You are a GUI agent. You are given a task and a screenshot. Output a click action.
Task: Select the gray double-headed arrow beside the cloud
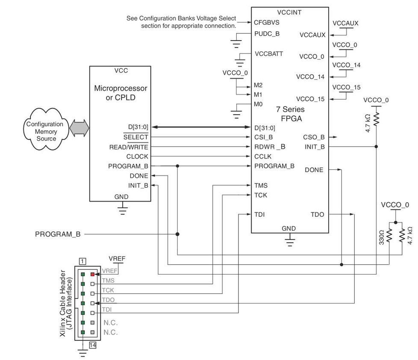click(79, 127)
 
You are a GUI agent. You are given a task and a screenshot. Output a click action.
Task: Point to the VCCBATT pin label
click(268, 54)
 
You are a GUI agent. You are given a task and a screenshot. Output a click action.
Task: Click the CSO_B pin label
click(314, 137)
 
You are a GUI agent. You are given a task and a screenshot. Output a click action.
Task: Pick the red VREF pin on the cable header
click(92, 274)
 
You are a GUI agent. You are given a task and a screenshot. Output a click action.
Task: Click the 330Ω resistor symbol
click(389, 236)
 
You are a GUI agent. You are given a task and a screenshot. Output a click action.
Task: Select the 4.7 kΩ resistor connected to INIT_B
click(376, 118)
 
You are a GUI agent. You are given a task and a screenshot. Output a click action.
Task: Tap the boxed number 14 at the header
click(93, 345)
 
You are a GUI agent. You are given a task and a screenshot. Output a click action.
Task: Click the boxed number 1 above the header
click(82, 261)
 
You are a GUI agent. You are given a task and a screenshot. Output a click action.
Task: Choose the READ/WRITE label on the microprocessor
click(129, 147)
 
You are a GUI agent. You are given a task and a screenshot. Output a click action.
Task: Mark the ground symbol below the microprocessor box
click(123, 209)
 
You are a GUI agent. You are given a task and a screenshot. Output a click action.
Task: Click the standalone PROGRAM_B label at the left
click(58, 234)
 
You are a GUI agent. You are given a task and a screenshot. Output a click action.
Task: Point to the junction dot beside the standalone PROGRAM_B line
click(177, 234)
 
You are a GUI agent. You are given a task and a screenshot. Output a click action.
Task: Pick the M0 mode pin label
click(258, 104)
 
